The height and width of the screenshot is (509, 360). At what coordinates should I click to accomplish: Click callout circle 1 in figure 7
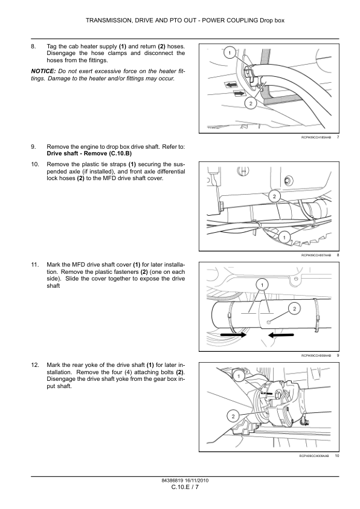230,53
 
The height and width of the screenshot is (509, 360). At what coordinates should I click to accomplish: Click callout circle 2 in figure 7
251,103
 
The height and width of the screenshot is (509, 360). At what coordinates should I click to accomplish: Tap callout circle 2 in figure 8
274,196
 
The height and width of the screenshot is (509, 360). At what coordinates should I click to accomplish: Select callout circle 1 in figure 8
284,238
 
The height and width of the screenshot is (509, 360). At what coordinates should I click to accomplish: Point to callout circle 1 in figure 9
262,285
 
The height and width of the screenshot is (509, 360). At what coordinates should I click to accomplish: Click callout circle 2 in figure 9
295,308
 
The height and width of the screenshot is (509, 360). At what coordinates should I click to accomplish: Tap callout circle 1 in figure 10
239,376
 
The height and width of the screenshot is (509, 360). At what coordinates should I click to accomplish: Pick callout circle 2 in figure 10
233,417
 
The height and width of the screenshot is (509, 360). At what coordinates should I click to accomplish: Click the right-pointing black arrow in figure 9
234,334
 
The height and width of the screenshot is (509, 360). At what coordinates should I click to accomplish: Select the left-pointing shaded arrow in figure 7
231,85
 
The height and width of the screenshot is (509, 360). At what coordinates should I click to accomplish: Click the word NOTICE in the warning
43,71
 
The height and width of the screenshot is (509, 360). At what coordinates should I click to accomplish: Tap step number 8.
33,47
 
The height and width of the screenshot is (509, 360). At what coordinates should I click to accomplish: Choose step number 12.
35,365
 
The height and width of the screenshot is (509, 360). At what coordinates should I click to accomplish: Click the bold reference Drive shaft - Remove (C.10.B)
89,154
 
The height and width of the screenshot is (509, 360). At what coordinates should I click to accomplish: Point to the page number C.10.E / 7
185,487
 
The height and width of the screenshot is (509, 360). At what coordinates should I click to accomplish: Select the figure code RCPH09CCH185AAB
317,137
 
